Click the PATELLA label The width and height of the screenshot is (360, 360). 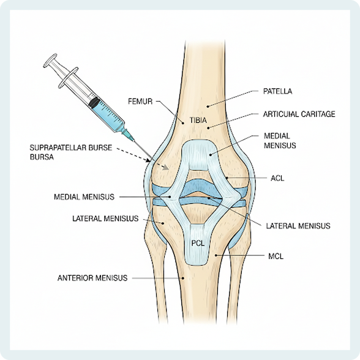tap(277, 91)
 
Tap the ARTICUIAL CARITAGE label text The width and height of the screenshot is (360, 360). tap(299, 114)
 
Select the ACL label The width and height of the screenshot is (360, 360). tap(277, 178)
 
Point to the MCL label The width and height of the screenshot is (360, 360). tap(276, 256)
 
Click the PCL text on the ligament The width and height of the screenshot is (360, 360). tap(198, 243)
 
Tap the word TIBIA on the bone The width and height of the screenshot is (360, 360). tap(198, 120)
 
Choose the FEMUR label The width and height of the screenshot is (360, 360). tap(140, 102)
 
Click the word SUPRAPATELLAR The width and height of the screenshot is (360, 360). tap(58, 148)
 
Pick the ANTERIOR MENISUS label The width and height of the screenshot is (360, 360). tap(92, 278)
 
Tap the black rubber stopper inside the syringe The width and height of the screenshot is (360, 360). tap(94, 103)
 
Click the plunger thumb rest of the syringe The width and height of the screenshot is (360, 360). tap(50, 61)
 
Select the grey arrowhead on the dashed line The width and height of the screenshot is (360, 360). tap(165, 167)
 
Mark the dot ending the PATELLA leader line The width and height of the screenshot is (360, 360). tap(208, 107)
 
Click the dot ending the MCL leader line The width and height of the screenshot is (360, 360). tap(216, 255)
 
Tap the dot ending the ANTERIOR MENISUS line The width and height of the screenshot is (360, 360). tap(183, 278)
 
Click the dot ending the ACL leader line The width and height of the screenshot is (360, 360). tap(227, 178)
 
